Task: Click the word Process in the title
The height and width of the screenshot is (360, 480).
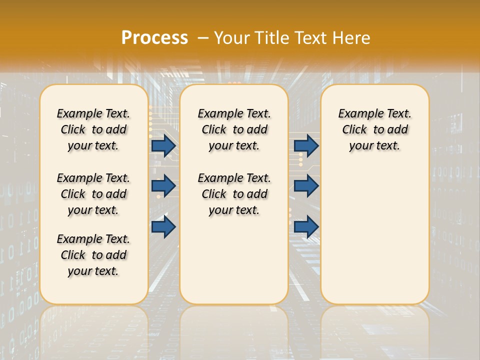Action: [154, 37]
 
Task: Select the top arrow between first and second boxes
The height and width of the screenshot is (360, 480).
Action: [163, 145]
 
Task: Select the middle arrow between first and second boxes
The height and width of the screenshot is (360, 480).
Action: [163, 186]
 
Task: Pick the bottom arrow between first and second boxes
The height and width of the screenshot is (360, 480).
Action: [163, 226]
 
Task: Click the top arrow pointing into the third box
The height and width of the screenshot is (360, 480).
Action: [306, 145]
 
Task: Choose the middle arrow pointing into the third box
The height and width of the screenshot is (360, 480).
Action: [306, 186]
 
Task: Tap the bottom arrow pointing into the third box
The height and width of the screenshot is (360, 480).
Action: [306, 226]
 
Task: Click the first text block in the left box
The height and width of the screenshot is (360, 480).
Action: [93, 129]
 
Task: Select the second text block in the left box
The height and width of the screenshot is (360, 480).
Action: [93, 194]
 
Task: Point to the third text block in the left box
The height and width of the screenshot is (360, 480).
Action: [93, 255]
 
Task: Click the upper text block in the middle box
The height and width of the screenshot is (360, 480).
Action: [234, 129]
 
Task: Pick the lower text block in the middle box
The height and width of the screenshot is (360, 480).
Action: [234, 194]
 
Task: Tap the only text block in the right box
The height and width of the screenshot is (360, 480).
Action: [374, 129]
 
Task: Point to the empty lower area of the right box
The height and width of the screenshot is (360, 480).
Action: [374, 230]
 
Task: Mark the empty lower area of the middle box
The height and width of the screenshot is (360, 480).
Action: [234, 260]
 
